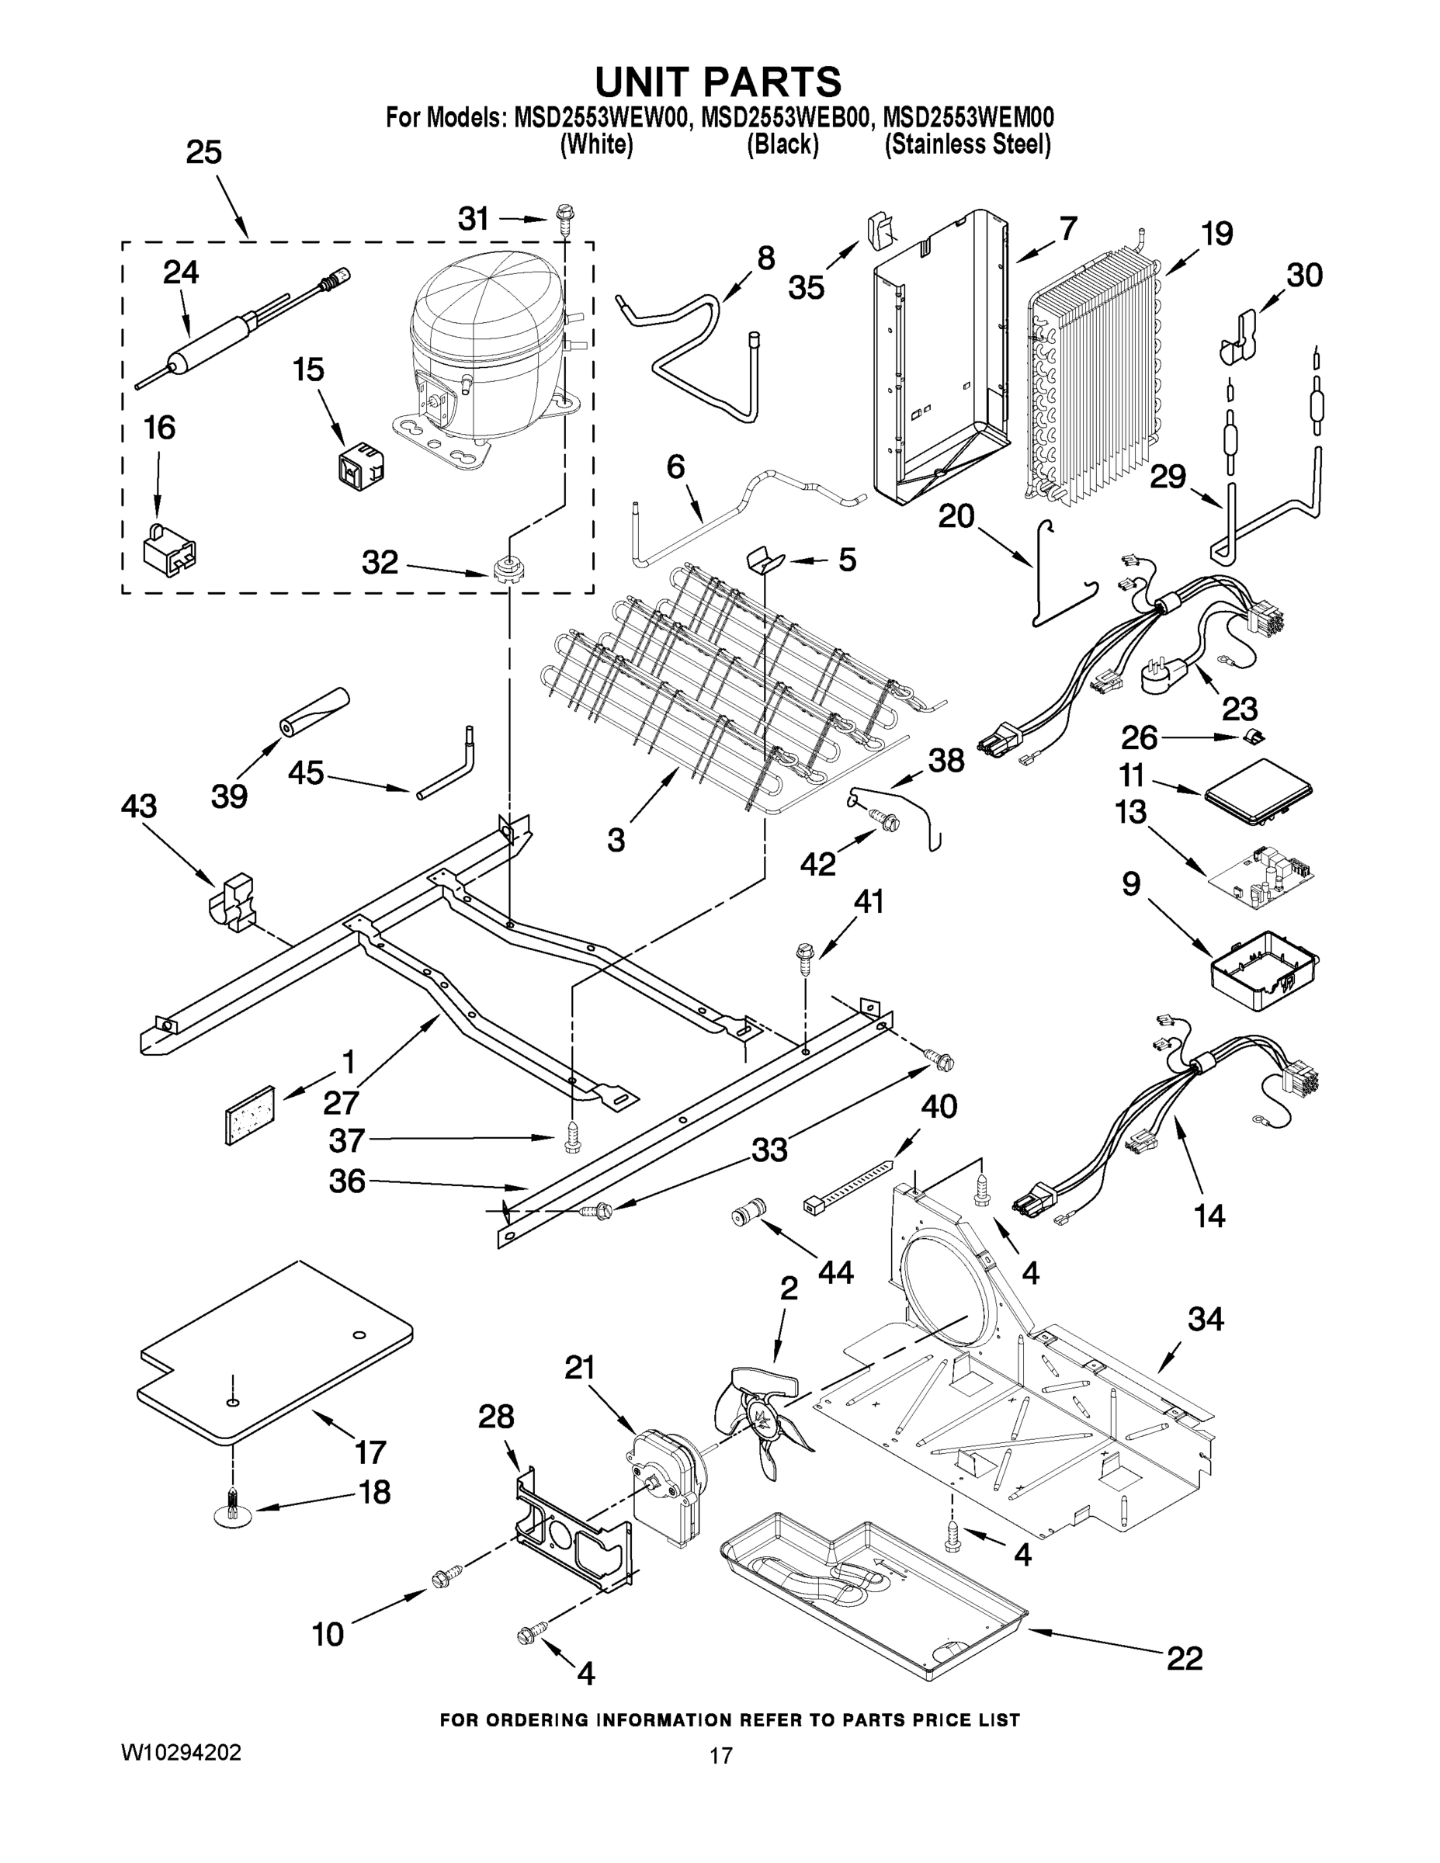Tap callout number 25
click(x=204, y=153)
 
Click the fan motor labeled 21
click(x=670, y=1485)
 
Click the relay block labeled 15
click(x=359, y=463)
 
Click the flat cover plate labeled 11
click(x=1258, y=790)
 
